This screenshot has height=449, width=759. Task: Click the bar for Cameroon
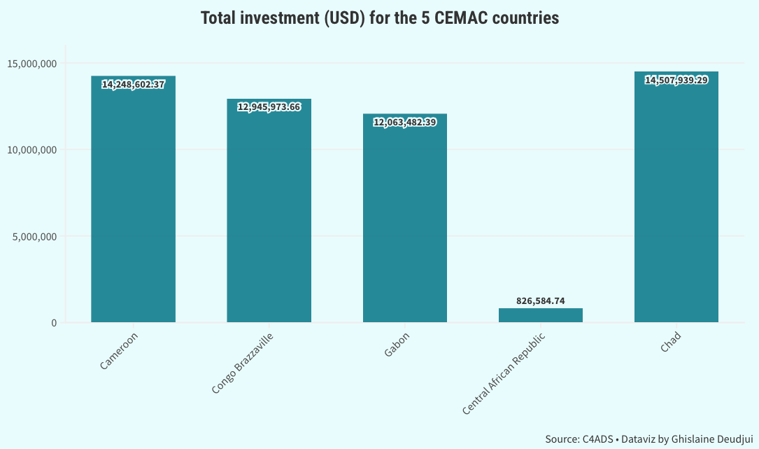point(133,203)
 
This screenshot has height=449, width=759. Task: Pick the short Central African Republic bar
point(540,315)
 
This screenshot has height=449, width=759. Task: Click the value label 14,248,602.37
point(133,85)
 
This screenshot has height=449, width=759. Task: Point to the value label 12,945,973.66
point(269,107)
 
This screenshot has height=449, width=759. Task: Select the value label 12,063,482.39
point(404,123)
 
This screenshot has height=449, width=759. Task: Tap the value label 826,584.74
point(540,301)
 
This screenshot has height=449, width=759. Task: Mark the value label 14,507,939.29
point(676,81)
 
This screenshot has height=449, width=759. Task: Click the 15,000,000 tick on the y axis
point(31,64)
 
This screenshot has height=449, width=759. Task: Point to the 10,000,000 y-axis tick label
point(31,150)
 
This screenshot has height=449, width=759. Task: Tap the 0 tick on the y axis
point(53,323)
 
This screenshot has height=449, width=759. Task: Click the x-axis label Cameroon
point(120,352)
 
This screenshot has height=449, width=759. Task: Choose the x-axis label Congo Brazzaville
point(242,364)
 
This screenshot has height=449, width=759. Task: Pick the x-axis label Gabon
point(397,346)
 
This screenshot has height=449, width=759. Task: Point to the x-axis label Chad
point(670,343)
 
